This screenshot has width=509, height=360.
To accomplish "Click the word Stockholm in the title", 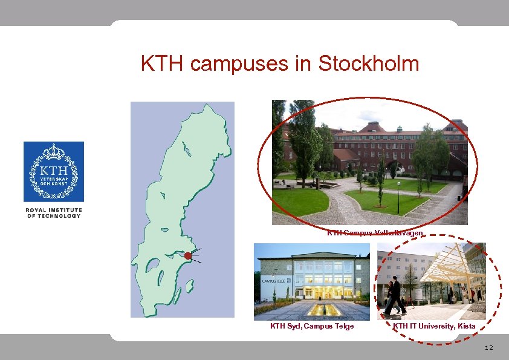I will coord(368,63).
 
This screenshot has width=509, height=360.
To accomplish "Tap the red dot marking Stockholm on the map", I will coord(188,256).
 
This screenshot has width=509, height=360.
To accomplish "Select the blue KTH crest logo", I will coord(54,172).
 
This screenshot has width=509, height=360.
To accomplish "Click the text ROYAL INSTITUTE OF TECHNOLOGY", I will coord(54,212).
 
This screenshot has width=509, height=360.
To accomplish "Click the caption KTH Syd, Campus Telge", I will coord(311,327).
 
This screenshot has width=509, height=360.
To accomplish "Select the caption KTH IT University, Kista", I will coord(434,327).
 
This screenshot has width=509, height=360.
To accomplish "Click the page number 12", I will coord(489,348).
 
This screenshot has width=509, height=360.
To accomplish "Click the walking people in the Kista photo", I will coord(394,296).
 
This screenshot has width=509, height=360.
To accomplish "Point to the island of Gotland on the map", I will coord(189,284).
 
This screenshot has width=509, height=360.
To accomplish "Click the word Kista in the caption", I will coord(466,327).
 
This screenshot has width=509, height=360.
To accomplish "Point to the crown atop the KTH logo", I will coord(54,150).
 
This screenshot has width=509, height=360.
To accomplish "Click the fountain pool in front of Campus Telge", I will coord(317,309).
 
